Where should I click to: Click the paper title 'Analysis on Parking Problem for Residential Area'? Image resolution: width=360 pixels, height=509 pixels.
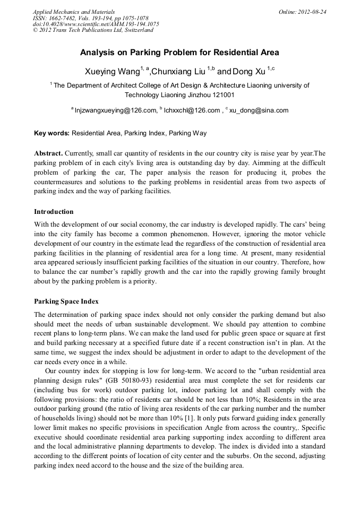[x=179, y=53]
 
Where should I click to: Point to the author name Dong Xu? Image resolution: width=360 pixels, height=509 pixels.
[x=249, y=71]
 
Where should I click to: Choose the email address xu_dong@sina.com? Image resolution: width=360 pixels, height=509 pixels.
[x=259, y=110]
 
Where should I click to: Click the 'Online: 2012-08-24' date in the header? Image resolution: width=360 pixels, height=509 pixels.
[x=302, y=12]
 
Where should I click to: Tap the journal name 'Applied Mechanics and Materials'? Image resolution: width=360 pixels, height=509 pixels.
[x=74, y=12]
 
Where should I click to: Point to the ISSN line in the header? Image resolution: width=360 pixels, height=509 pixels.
[x=90, y=18]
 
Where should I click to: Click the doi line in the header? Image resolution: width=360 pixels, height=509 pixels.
[x=96, y=24]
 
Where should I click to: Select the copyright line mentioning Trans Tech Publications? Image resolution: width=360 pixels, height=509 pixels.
[x=93, y=30]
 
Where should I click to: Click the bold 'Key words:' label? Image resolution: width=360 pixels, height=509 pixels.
[x=52, y=133]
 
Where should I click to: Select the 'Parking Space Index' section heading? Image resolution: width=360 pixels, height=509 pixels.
[x=66, y=301]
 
